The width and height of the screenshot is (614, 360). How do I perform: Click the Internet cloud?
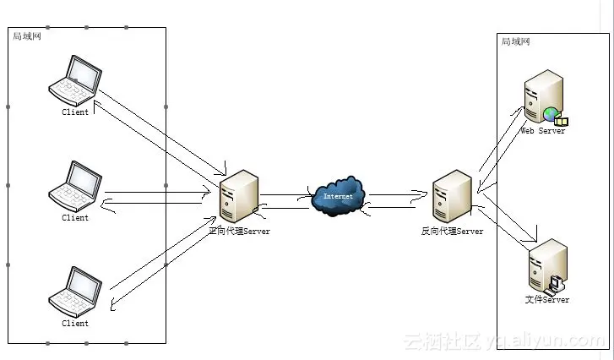click(338, 196)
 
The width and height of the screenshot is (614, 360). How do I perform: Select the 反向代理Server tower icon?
click(452, 196)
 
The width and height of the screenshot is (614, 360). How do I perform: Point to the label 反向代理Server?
click(452, 231)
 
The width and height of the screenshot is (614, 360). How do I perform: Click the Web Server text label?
click(542, 131)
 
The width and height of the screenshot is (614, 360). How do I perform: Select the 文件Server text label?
click(546, 299)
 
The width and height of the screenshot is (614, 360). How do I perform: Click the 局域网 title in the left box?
click(26, 36)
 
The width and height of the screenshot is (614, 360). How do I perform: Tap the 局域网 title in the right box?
click(515, 41)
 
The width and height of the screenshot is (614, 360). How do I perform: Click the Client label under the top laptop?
click(75, 112)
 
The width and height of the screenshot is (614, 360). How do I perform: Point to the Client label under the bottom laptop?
click(75, 323)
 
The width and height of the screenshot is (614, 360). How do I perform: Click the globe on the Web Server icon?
click(551, 114)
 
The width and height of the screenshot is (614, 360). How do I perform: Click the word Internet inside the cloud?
click(338, 196)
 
